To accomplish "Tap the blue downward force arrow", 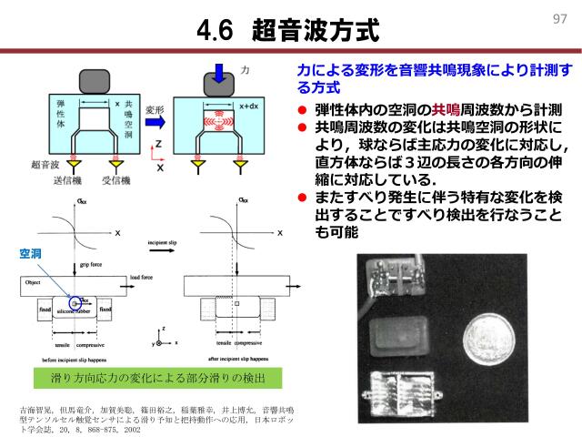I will tap(221, 71).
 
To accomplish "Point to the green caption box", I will tap(150, 375).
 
